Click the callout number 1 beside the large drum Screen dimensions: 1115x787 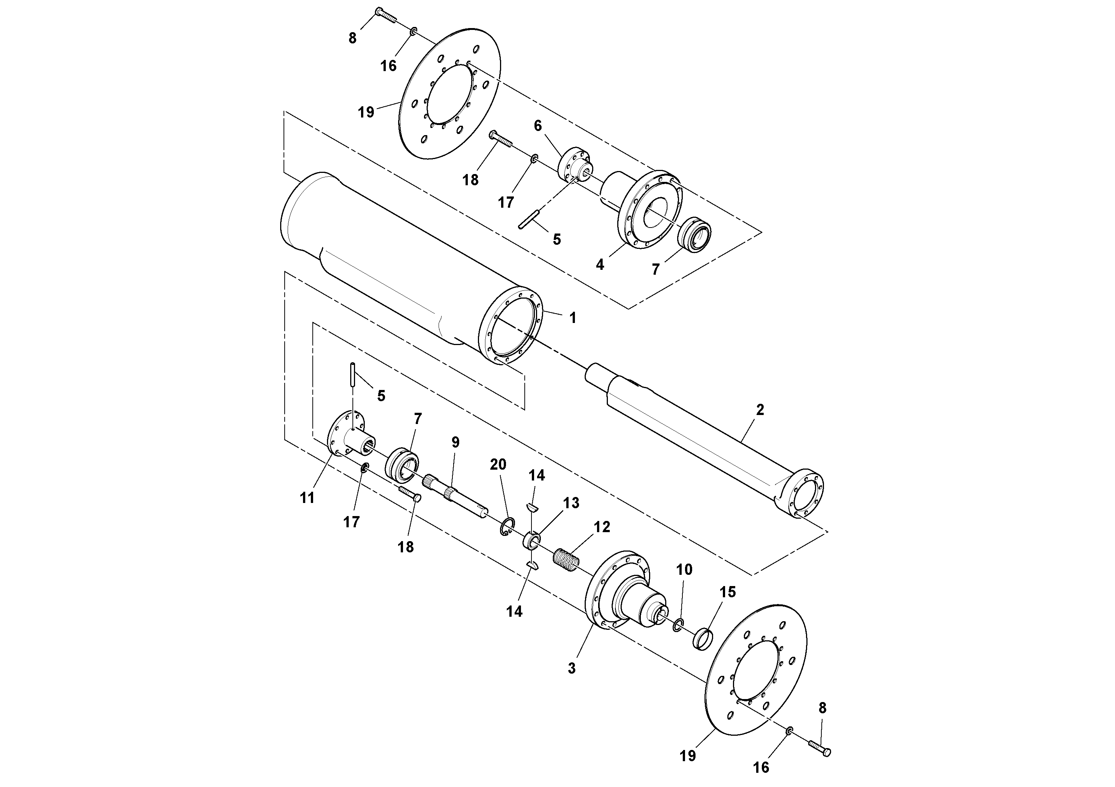click(573, 318)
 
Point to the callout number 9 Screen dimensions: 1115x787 click(455, 442)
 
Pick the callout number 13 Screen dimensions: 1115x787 click(571, 503)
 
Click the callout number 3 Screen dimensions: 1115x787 click(572, 668)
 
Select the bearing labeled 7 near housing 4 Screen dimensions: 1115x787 click(694, 234)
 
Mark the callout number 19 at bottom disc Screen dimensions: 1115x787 click(688, 756)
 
